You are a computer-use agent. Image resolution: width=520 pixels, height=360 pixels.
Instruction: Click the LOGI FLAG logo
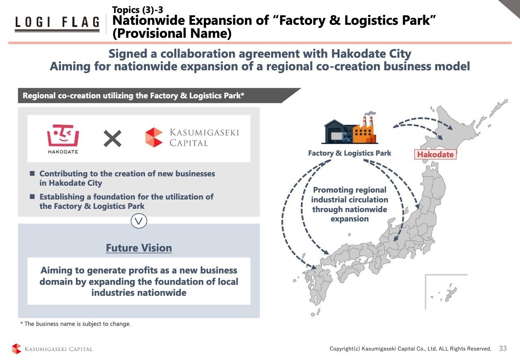57,23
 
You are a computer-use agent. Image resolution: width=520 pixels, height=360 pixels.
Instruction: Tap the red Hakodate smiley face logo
63,136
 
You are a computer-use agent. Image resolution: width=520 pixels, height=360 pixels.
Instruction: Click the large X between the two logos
113,139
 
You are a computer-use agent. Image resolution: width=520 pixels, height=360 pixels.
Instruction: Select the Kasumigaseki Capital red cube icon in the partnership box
154,137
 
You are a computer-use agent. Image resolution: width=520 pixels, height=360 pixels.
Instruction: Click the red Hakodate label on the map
435,154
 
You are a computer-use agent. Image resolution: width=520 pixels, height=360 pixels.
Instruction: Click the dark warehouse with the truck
338,132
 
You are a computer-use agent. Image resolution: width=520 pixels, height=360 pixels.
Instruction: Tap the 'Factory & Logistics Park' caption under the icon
349,153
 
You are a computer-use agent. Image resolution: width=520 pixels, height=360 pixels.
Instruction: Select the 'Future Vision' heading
139,248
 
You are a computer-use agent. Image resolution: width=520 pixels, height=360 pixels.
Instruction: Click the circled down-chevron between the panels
139,221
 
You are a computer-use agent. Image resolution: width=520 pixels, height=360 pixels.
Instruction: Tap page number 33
503,349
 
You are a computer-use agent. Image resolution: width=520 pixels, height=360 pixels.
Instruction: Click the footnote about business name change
76,324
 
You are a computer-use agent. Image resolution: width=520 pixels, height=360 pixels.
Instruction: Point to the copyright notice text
410,349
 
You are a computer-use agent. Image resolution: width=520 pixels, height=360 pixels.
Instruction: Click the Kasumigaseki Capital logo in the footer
52,349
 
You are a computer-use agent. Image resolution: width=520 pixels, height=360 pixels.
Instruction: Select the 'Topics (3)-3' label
137,9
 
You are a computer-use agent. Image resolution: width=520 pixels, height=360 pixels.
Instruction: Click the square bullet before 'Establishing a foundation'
32,197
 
